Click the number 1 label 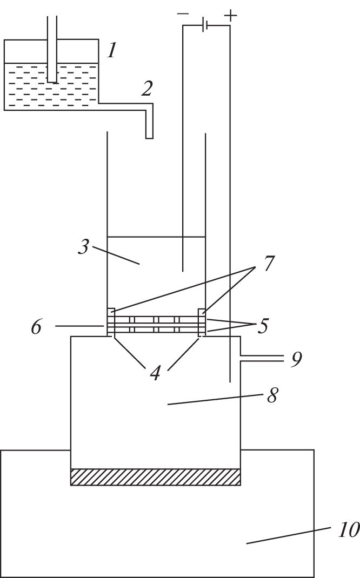point(112,50)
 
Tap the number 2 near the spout point(147,89)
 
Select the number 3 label point(83,247)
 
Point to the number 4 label point(155,373)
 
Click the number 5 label point(262,326)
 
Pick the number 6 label point(36,327)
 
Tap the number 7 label point(268,263)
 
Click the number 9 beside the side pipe point(296,359)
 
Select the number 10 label point(348,530)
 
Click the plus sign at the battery point(230,16)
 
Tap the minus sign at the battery point(183,14)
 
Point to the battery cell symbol point(205,25)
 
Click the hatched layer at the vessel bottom point(156,477)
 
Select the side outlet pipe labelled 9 point(262,358)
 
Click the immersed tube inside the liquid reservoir point(52,49)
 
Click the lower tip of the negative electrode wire point(183,271)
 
